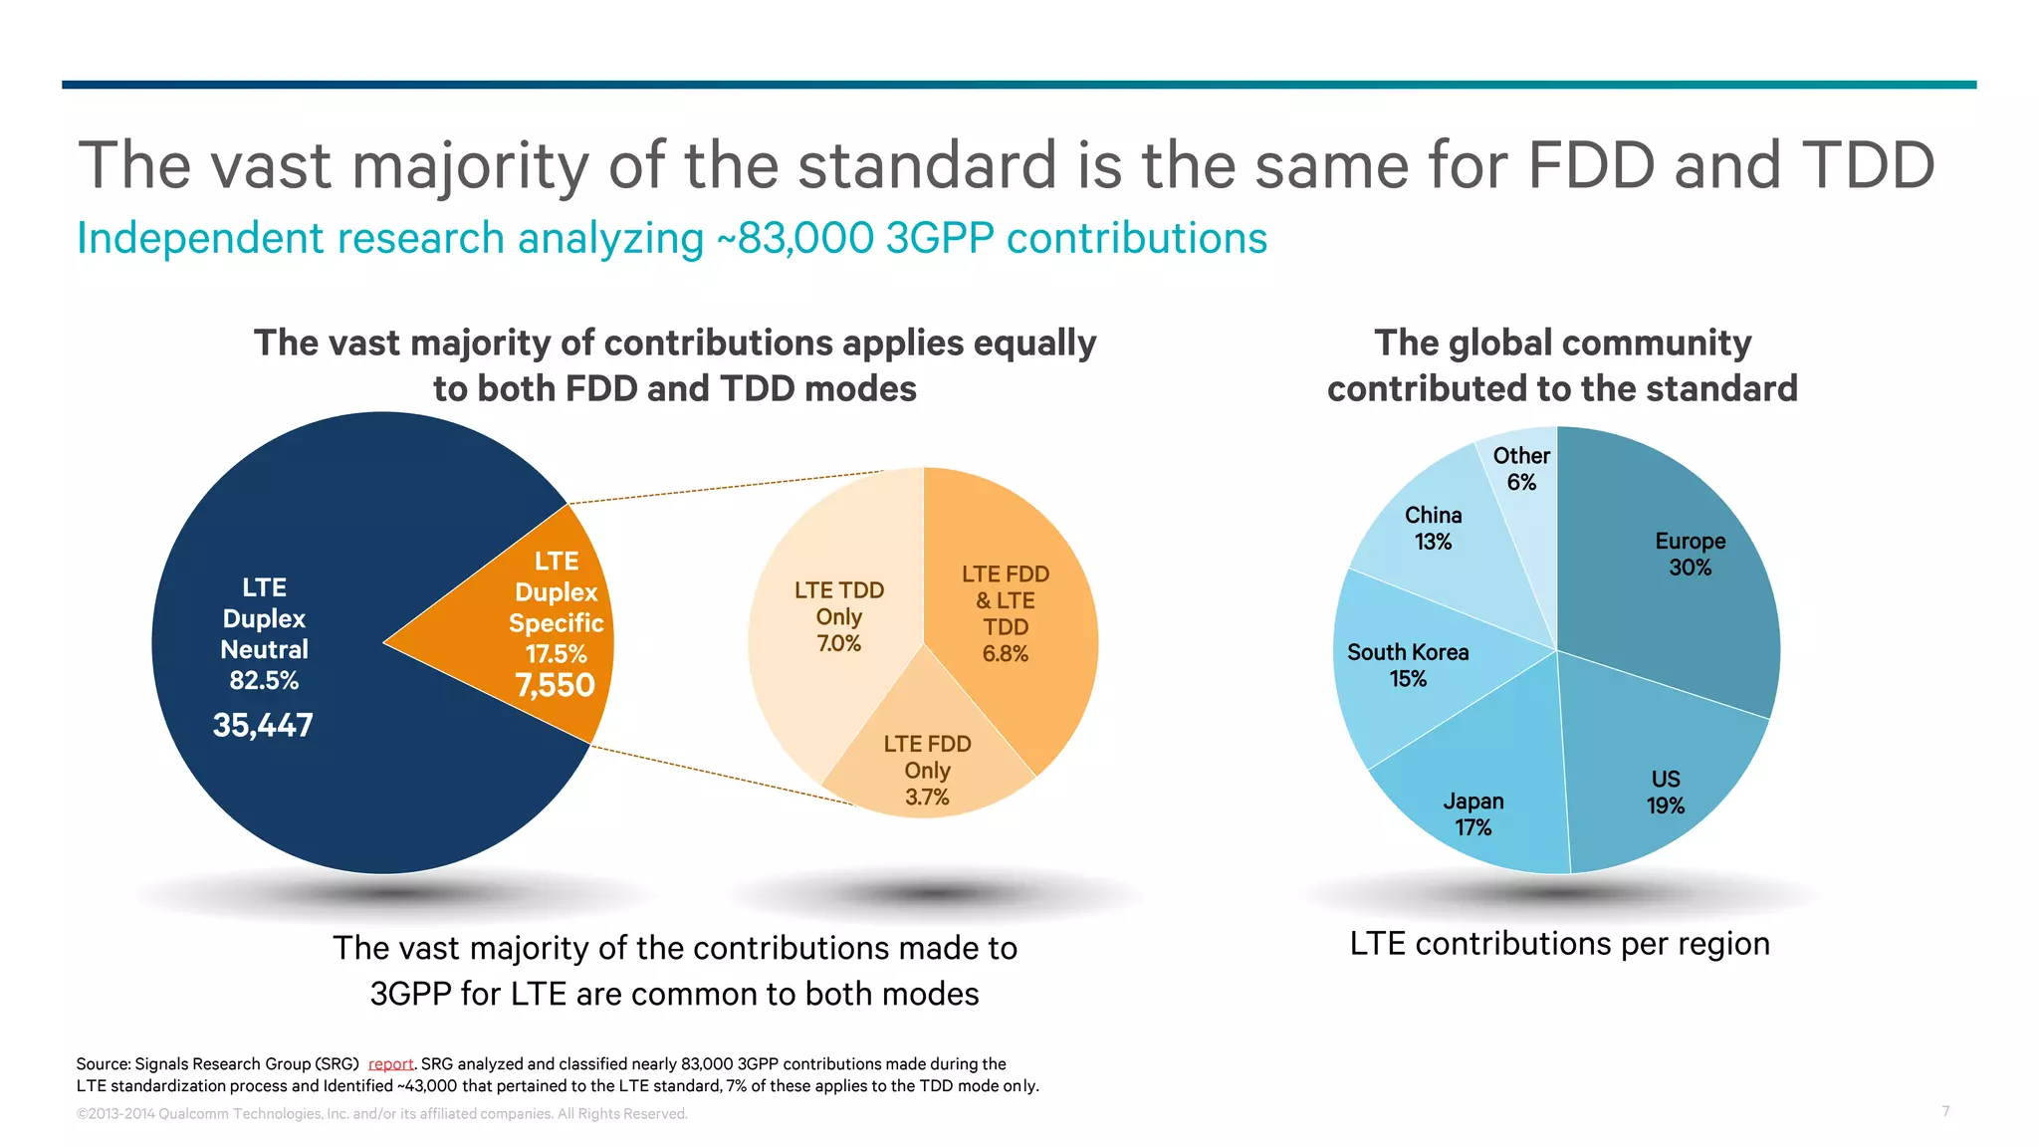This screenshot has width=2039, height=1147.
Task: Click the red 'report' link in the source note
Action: [x=390, y=1064]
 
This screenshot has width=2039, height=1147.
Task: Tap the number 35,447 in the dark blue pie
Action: [x=263, y=726]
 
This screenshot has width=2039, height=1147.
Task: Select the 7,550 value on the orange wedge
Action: [x=555, y=686]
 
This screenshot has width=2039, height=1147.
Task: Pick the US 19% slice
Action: [x=1665, y=793]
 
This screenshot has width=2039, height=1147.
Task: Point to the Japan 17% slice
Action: [x=1473, y=813]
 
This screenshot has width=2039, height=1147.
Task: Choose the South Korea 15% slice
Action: [x=1408, y=665]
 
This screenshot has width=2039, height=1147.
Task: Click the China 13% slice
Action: [x=1433, y=528]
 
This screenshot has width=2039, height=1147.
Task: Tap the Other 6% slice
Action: [x=1521, y=469]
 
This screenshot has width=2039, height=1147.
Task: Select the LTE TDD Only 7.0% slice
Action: [x=838, y=616]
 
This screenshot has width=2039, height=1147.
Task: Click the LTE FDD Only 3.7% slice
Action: [x=927, y=770]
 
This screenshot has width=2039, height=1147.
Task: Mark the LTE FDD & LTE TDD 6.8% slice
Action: [x=1006, y=613]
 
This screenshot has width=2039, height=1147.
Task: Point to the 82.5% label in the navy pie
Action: [x=264, y=681]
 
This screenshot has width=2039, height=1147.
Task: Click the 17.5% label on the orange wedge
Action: [x=556, y=654]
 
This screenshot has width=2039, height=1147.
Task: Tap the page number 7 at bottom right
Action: [x=1945, y=1111]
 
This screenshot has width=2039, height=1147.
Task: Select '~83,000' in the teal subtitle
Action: [x=795, y=239]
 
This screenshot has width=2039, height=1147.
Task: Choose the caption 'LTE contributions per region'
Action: [x=1559, y=944]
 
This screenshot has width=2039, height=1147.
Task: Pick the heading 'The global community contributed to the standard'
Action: [x=1562, y=365]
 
